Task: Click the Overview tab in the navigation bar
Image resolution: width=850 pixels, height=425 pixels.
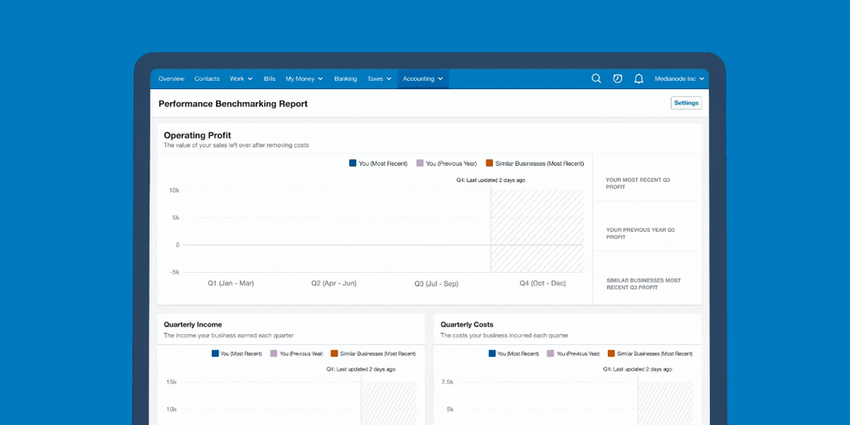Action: point(172,78)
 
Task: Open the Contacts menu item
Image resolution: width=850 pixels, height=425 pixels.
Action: point(207,78)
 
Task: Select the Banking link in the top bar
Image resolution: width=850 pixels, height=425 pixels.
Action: point(345,78)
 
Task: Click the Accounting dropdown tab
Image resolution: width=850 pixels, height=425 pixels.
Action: point(422,78)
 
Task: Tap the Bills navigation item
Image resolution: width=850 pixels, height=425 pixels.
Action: point(269,78)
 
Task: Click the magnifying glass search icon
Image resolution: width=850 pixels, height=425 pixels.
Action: point(597,78)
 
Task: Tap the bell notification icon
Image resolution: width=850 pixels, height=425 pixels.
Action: point(639,78)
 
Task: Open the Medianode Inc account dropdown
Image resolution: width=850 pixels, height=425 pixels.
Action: point(679,78)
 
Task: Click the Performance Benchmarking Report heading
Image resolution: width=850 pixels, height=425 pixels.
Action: point(233,104)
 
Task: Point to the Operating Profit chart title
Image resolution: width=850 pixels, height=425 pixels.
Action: point(197,135)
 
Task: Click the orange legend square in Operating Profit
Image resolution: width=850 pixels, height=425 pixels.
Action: point(490,163)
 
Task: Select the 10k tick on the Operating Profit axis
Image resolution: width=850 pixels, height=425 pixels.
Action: point(174,190)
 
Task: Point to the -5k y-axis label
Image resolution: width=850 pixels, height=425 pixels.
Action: point(174,272)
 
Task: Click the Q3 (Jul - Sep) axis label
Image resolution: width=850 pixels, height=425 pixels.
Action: point(436,284)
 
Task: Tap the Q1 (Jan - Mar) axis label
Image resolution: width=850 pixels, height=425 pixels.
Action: point(230,284)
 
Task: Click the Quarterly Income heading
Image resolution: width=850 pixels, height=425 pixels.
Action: point(193,325)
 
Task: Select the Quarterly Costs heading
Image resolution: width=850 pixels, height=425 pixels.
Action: point(467,325)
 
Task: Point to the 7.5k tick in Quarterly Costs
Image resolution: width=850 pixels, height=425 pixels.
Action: point(447,382)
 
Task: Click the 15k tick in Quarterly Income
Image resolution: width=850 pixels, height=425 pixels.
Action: point(172,382)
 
